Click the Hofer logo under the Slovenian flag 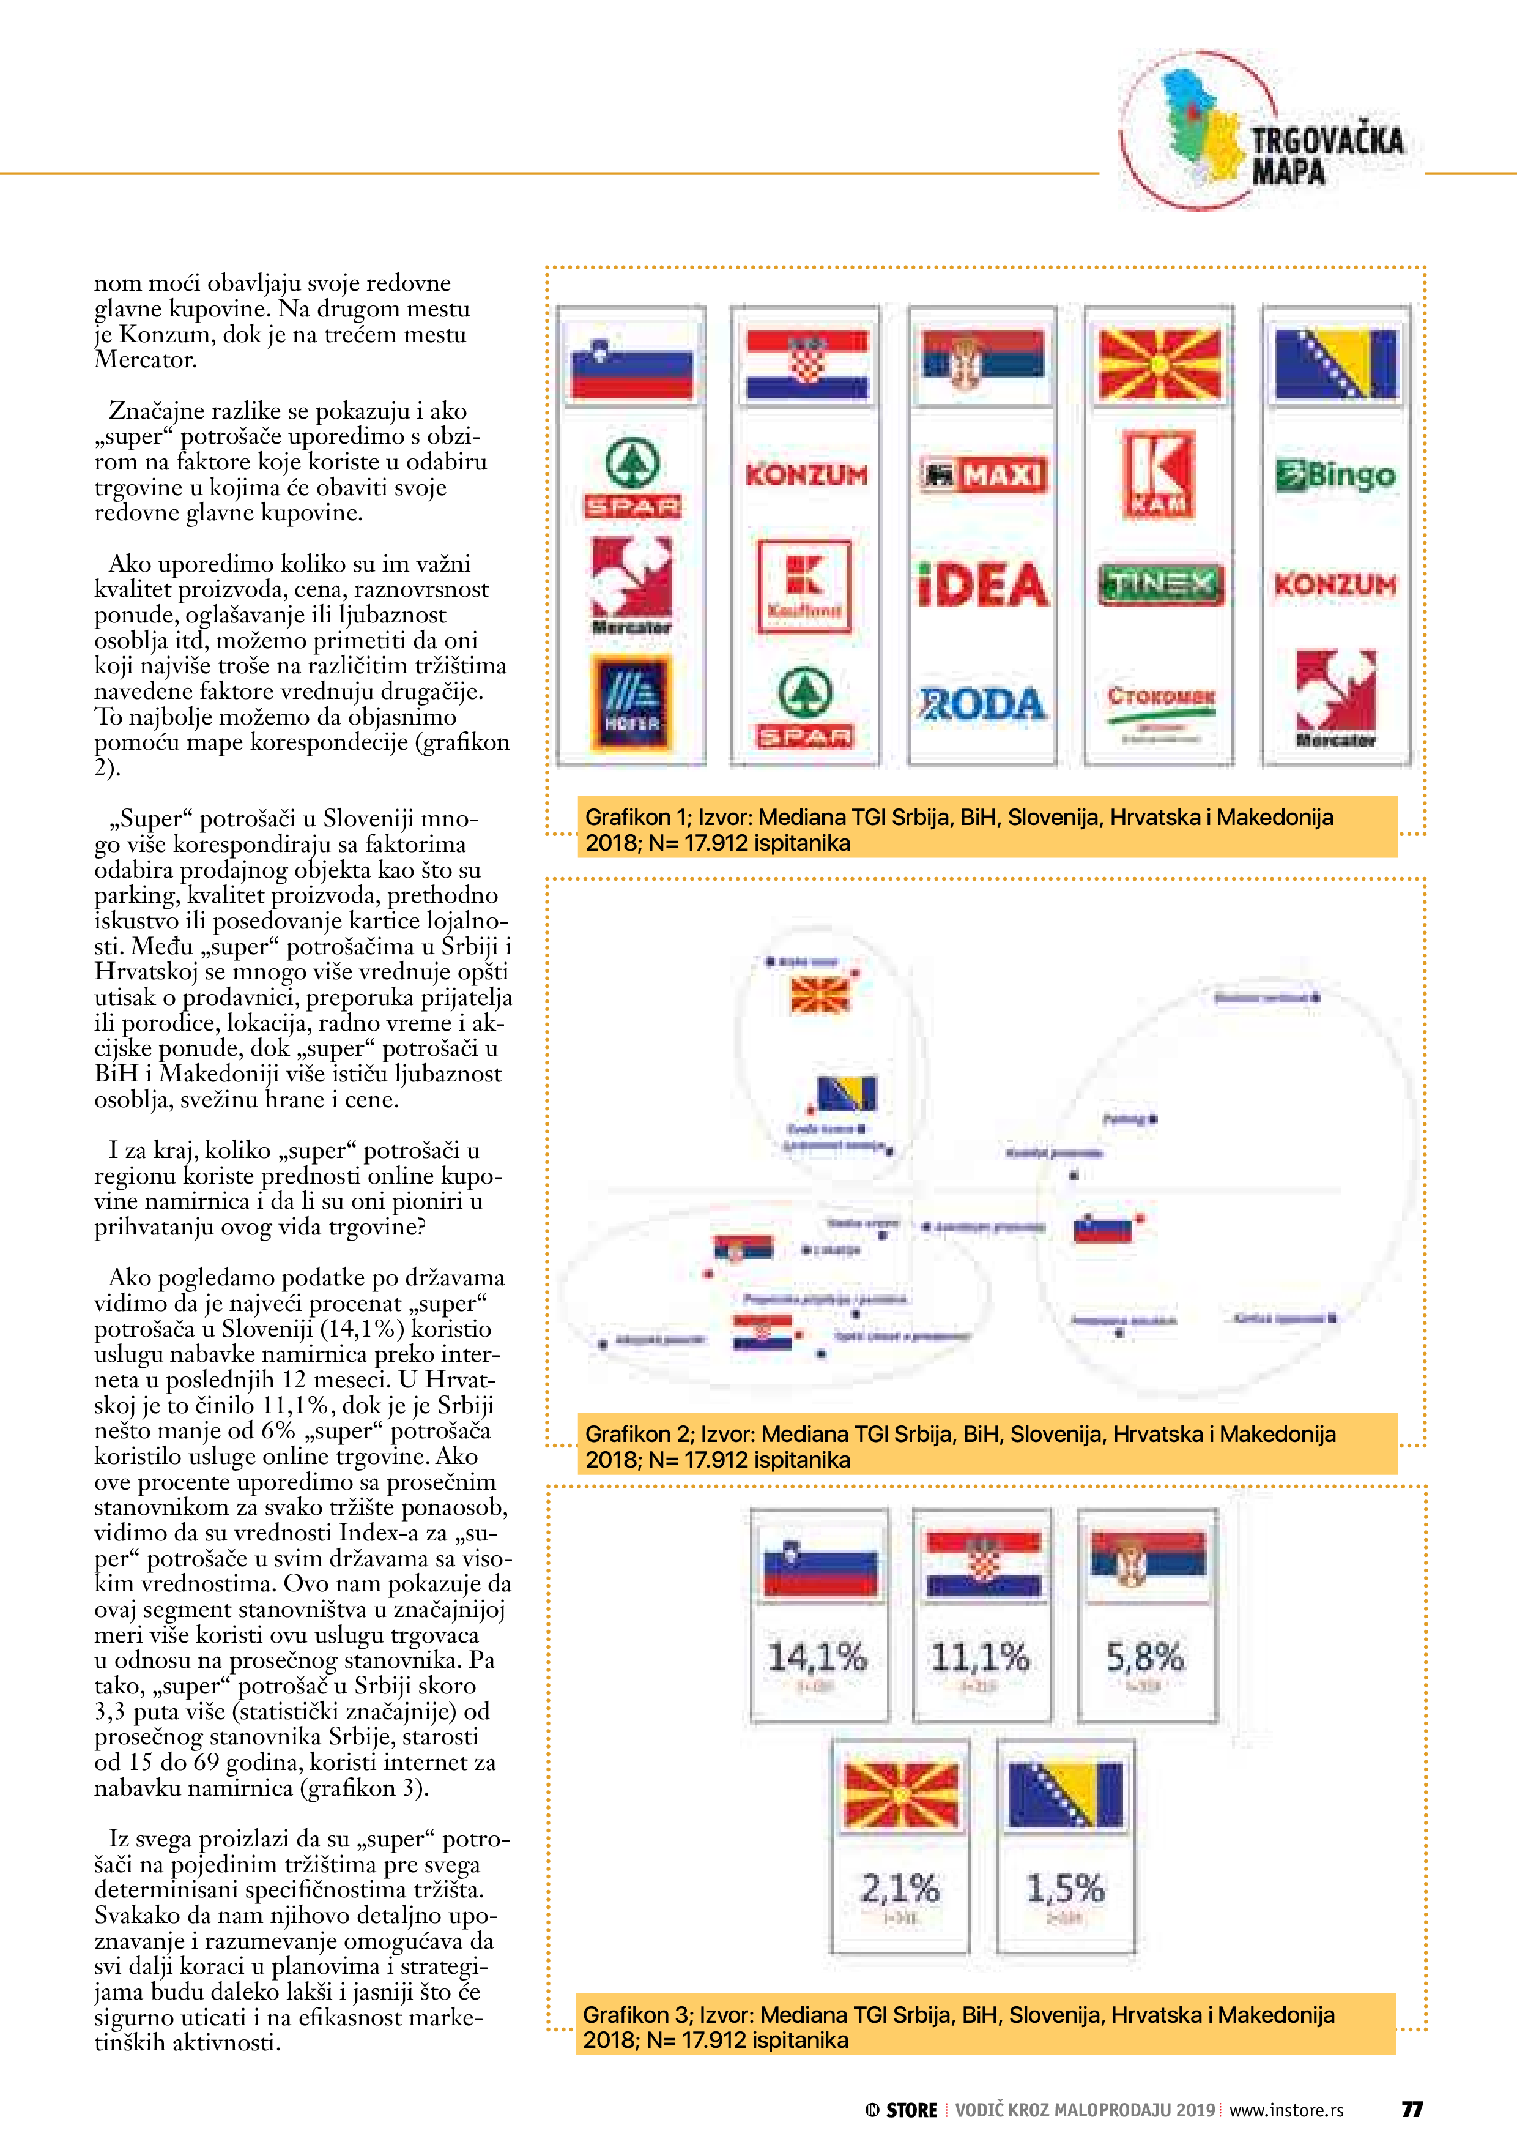[632, 704]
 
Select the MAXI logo [982, 475]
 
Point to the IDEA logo [982, 585]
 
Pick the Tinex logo [1160, 585]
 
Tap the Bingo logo [1336, 475]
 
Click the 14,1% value [818, 1658]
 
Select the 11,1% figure [981, 1658]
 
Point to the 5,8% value [1145, 1658]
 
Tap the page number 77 [1411, 2110]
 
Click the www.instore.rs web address [1286, 2110]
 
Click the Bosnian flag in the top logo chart [1336, 363]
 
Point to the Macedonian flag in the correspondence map [820, 995]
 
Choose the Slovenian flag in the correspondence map [1103, 1228]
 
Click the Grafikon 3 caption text [958, 2026]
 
